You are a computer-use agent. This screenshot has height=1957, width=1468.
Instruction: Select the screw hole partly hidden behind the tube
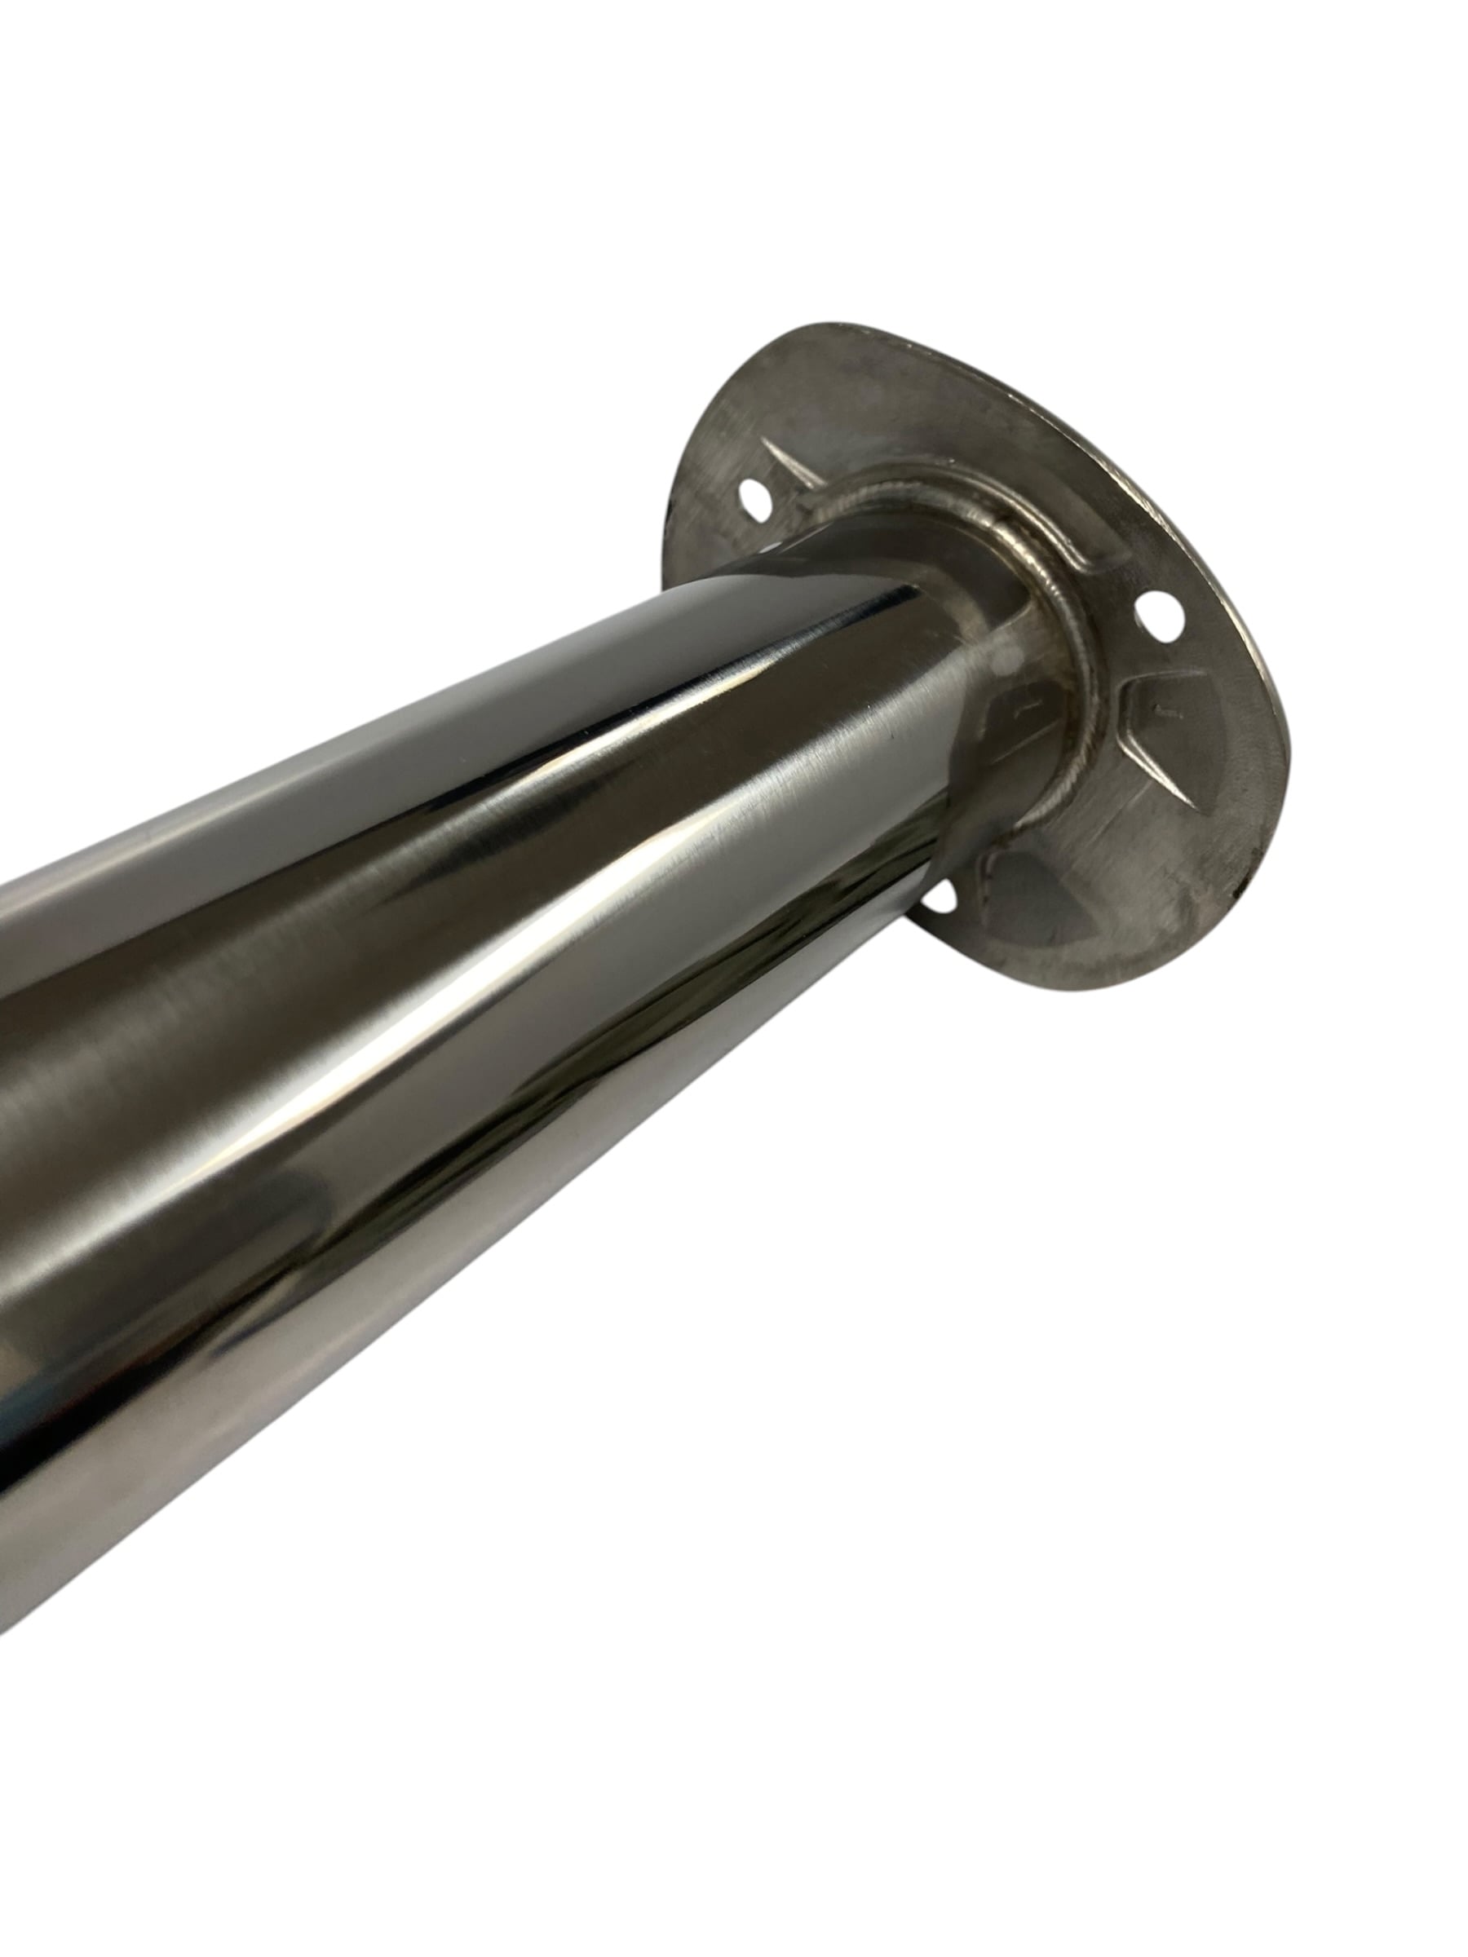(x=940, y=895)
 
